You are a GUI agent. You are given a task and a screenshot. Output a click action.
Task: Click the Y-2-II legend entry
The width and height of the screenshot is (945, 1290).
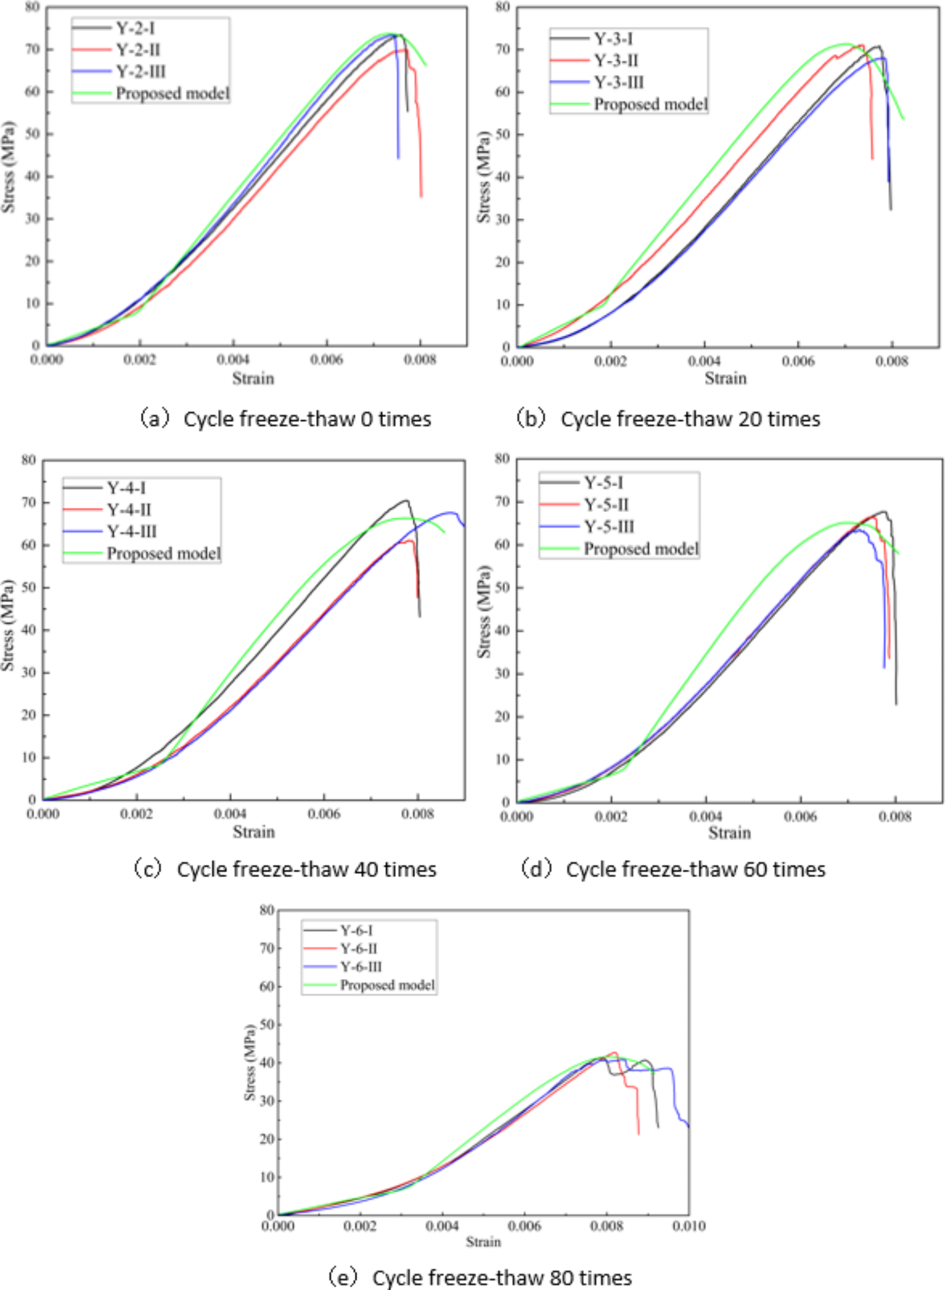tap(138, 50)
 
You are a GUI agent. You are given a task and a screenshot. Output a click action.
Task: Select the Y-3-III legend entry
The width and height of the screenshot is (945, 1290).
tap(618, 82)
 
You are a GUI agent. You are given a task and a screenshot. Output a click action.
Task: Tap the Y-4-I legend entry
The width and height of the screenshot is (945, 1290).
tap(126, 488)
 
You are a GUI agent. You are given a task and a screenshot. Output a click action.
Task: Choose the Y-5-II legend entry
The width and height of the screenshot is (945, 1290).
tap(606, 505)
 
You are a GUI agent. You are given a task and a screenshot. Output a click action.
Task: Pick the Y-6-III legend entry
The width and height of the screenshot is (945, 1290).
tap(361, 967)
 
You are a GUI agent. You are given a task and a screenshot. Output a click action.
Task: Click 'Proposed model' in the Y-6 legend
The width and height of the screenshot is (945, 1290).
tap(387, 985)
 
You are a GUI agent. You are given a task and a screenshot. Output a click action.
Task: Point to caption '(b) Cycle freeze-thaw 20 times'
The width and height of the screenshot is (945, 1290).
tap(668, 419)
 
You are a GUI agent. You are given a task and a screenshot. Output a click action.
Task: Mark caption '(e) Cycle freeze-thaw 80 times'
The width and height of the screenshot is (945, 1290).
tap(480, 1277)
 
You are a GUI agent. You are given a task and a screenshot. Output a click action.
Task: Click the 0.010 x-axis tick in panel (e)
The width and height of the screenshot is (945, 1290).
tap(689, 1226)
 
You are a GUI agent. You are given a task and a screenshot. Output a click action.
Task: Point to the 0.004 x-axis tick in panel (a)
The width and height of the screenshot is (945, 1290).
tap(233, 359)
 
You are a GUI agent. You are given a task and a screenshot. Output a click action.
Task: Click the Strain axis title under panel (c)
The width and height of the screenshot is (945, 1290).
tap(253, 831)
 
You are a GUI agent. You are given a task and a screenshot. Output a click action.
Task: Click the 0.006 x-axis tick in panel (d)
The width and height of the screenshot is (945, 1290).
tap(800, 816)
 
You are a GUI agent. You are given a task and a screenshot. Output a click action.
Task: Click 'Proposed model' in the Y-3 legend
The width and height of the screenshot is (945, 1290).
tap(650, 104)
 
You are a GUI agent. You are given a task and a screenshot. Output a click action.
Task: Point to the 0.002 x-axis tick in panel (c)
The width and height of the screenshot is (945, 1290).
tap(136, 814)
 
